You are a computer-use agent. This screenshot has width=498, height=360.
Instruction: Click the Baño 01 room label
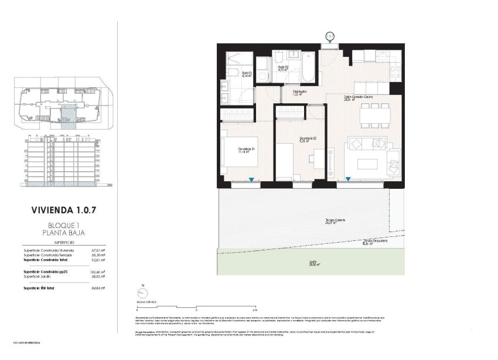tap(247, 75)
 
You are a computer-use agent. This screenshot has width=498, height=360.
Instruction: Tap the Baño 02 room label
tap(283, 69)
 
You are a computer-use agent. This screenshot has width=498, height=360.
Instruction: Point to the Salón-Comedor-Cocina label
tap(358, 97)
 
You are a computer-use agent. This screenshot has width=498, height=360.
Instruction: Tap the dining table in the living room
tap(376, 115)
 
